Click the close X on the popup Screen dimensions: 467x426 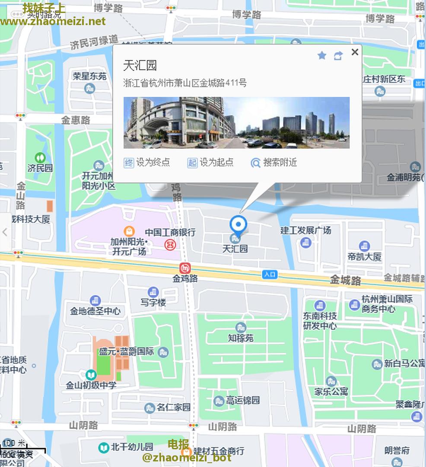coord(355,52)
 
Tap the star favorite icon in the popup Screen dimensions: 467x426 coord(321,55)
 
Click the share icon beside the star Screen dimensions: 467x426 coord(338,55)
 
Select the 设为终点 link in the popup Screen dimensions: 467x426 coord(147,163)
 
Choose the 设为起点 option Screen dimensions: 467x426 coord(211,163)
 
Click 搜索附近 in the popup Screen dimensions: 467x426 coord(274,163)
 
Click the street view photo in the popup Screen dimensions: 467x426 coord(236,123)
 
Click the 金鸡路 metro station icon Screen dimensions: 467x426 coord(185,269)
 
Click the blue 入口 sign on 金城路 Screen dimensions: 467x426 coord(270,274)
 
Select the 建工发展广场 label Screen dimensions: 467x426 coord(305,230)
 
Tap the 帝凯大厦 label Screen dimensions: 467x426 coord(364,257)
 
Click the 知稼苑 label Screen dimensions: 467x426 coord(241,338)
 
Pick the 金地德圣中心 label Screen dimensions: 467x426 coord(95,311)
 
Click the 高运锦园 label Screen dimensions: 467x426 coord(243,400)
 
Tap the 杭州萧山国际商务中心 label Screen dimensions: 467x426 coord(387,304)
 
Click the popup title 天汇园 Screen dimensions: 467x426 coord(140,66)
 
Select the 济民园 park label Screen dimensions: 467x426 coord(40,168)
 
